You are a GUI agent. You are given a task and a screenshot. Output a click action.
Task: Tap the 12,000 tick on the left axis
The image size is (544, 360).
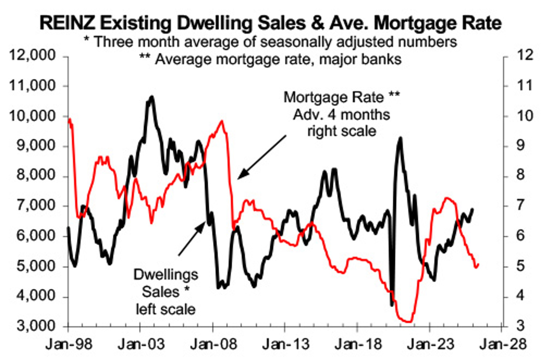pyautogui.click(x=32, y=56)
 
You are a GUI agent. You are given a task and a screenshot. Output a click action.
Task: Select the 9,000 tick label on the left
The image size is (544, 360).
pyautogui.click(x=32, y=146)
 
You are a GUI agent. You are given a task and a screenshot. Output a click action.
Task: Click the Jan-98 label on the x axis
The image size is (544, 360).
pyautogui.click(x=69, y=344)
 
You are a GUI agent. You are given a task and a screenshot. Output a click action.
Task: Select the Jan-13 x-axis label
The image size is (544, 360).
pyautogui.click(x=286, y=344)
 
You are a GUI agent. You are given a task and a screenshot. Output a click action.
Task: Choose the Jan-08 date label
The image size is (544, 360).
pyautogui.click(x=213, y=344)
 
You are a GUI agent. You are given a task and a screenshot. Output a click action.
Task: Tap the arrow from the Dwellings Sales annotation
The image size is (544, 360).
pyautogui.click(x=191, y=238)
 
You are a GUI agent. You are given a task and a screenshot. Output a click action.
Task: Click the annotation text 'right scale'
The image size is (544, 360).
pyautogui.click(x=342, y=131)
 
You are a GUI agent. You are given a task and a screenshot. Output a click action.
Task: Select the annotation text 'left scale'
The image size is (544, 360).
pyautogui.click(x=166, y=309)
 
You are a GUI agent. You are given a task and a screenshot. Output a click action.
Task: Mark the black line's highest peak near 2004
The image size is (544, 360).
pyautogui.click(x=152, y=97)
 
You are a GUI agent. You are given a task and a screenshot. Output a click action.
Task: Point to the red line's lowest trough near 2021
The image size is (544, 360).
pyautogui.click(x=408, y=321)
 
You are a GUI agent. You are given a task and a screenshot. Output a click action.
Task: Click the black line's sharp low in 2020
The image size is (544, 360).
pyautogui.click(x=392, y=305)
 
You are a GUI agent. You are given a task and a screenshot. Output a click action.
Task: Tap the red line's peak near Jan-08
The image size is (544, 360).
pyautogui.click(x=222, y=121)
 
